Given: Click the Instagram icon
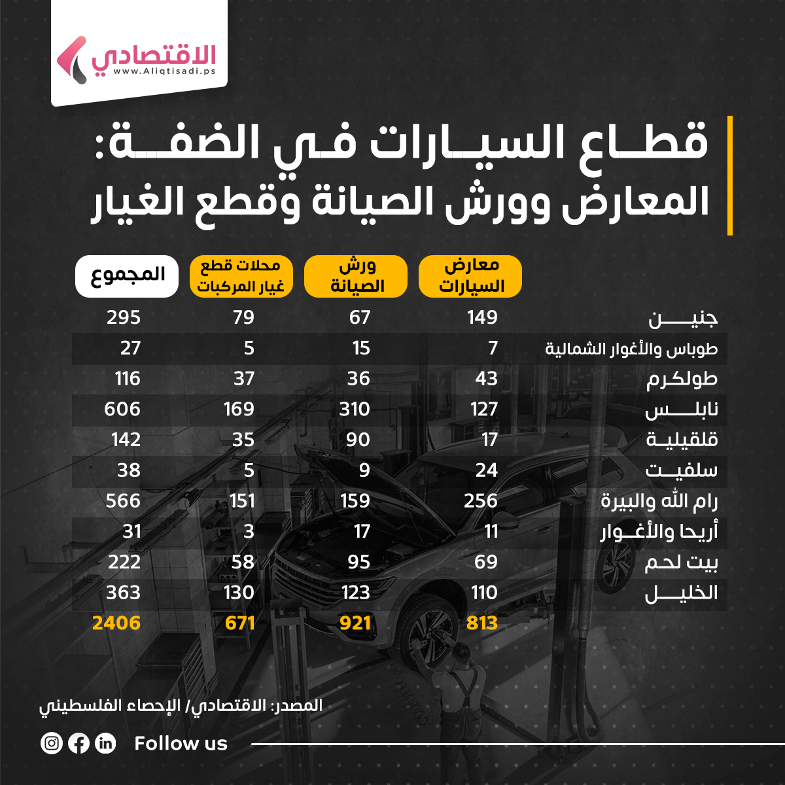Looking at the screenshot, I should point(52,743).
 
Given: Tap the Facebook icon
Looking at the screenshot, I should point(78,743).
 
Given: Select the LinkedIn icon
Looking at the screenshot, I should point(105,743).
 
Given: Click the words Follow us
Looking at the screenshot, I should point(181,743).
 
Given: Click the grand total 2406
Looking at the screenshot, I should point(116,623).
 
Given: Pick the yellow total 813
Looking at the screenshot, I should point(482,623).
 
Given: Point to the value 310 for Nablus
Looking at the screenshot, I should point(355,410).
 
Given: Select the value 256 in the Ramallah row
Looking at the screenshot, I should point(481,501).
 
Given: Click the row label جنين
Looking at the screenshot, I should point(683,319).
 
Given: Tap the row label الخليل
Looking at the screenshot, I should point(681,593).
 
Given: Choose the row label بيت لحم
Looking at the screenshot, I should point(681,563).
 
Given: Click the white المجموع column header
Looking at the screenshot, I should point(126,276).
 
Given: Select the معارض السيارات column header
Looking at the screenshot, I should point(470,276).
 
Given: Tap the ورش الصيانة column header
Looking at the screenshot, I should point(357,276).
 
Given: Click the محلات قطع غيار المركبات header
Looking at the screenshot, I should point(241,276).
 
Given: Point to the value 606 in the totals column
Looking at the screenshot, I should point(122,410).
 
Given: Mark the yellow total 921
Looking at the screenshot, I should point(355,623).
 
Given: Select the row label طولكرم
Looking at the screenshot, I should point(682,379).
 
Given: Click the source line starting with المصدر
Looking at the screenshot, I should point(181,706).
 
